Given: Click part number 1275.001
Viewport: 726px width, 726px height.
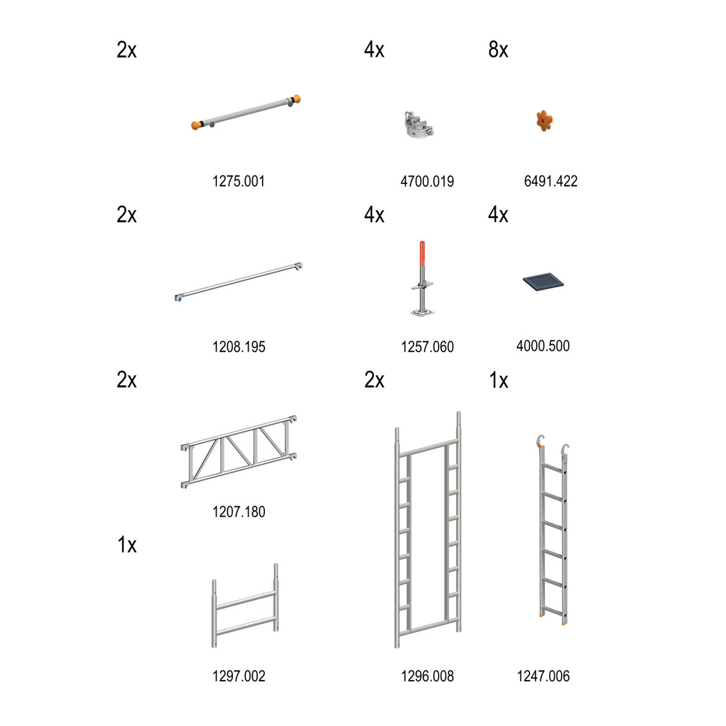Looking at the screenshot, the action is point(238,181).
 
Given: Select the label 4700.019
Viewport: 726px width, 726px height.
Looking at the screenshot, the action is point(427,181).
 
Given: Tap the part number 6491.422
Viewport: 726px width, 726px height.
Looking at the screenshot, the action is point(551,181).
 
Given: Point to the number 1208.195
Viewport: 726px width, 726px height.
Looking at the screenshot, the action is point(239,347).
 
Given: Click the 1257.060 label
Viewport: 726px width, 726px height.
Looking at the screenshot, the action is point(427,347).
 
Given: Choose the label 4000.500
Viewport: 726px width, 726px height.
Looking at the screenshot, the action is point(543,345).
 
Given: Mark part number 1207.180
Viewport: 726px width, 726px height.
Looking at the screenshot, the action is point(239,512).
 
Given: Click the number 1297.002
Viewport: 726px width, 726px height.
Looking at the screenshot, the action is point(239,676).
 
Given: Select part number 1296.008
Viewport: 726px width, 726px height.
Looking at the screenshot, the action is point(427,676).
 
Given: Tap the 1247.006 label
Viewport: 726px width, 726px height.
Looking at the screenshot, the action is point(543,676).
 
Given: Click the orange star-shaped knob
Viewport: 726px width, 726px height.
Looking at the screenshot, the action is point(544,120).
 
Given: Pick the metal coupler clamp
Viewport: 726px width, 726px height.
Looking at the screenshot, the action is point(419,124).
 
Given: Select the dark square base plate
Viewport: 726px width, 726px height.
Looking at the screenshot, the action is point(543,281).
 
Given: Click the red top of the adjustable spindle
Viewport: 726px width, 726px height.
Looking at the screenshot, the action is point(422,253).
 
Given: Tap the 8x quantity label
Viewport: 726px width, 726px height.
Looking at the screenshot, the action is point(498,50).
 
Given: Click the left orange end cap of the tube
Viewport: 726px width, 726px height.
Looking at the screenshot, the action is point(196,125).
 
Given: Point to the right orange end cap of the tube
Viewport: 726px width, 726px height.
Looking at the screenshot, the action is point(296,99).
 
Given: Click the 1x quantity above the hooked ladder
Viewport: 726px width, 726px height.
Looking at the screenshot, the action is point(499,380).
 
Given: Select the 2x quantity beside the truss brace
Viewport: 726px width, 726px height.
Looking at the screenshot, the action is point(126,380).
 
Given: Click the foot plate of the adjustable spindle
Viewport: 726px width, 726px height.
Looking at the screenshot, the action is point(422,312).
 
